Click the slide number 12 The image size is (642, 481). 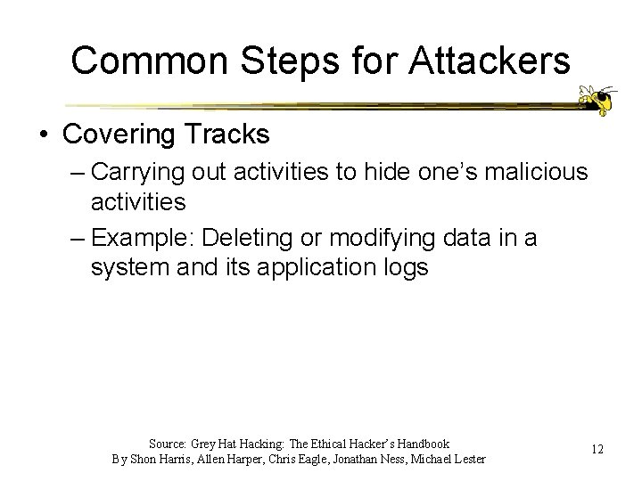click(597, 450)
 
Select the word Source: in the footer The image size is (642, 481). click(166, 444)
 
